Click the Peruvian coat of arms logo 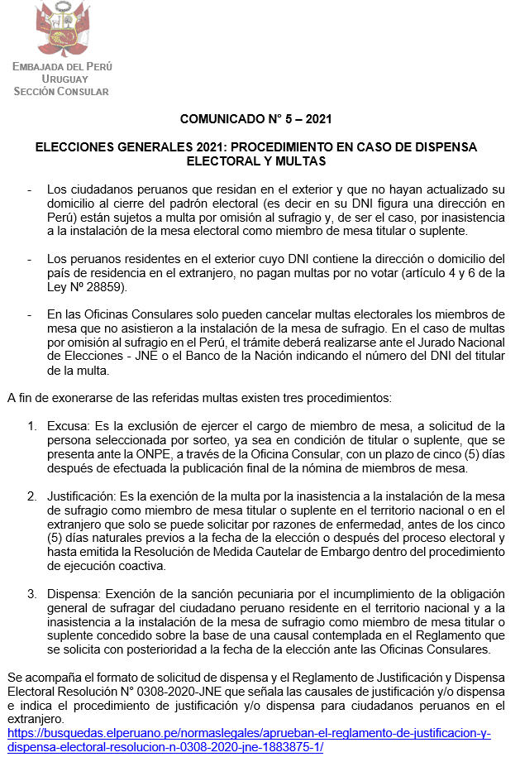(x=62, y=28)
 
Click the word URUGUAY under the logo (x=61, y=79)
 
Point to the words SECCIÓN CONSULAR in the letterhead (x=61, y=91)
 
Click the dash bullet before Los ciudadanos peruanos (x=30, y=189)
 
